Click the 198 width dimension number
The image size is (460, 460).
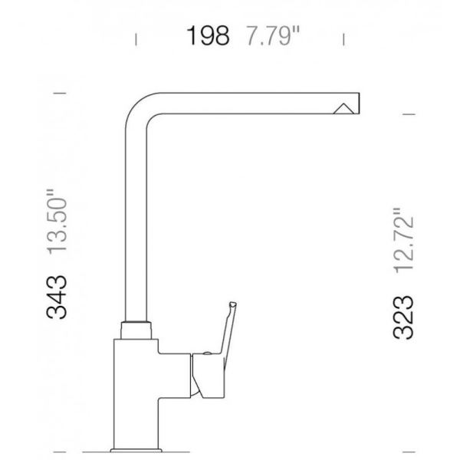tap(208, 36)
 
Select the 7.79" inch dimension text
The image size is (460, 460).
tap(273, 36)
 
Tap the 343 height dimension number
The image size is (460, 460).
tap(57, 297)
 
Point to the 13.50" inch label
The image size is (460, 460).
tap(58, 222)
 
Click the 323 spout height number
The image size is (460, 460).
tap(402, 317)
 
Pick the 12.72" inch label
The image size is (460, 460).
tap(403, 241)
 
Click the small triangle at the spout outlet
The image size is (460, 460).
tap(343, 109)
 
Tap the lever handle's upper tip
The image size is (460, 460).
tap(233, 304)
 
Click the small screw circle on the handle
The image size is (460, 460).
tap(207, 353)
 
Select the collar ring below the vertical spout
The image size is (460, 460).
tap(136, 330)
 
